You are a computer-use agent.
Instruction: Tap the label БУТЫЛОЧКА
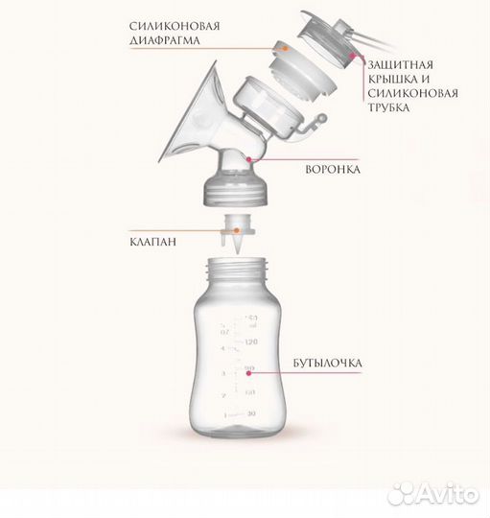coord(396,365)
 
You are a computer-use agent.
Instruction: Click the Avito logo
coord(447,495)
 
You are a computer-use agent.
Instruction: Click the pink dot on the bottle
coord(249,365)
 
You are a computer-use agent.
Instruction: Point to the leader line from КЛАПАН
coord(197,230)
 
